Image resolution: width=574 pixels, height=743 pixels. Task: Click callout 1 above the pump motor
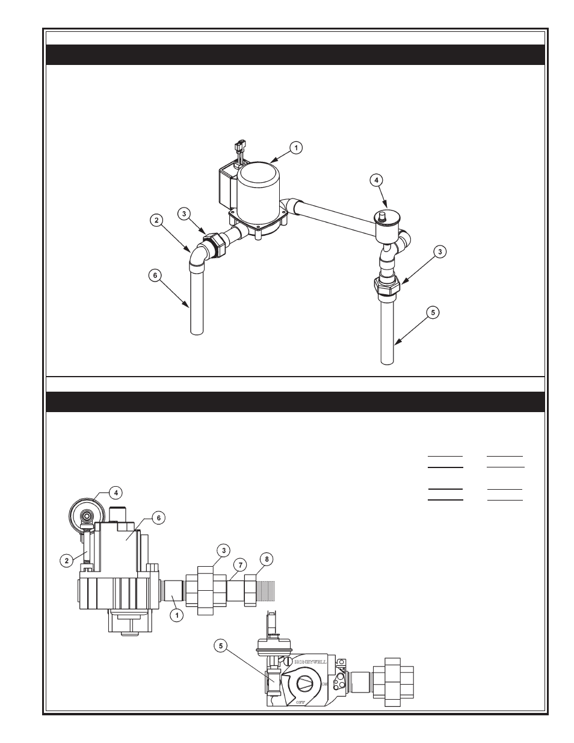coord(295,147)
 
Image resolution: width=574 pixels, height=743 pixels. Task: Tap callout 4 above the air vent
coord(375,179)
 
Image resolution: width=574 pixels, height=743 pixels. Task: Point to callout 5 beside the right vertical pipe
coord(432,312)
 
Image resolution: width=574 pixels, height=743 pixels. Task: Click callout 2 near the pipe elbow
coord(156,221)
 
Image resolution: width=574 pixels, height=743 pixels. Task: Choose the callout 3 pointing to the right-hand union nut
coord(440,252)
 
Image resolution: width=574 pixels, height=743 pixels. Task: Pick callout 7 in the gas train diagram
coord(239,565)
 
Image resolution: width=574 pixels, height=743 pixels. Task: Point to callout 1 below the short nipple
coord(176,615)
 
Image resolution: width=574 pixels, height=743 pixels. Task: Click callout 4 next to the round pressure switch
coord(116,492)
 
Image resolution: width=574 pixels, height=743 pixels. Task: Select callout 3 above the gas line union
coord(223,550)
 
